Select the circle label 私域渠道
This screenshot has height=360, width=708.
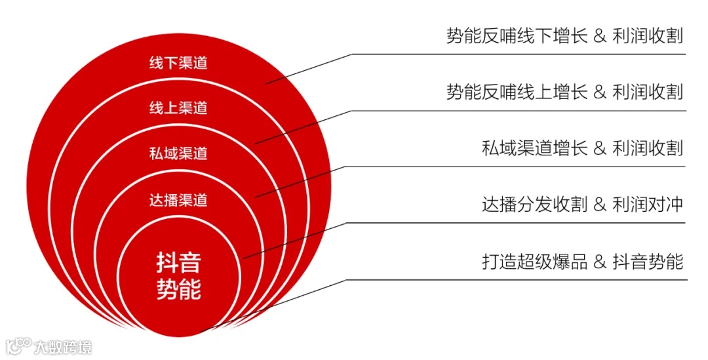178,153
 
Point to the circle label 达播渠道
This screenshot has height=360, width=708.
178,200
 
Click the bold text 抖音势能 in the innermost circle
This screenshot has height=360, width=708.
178,275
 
